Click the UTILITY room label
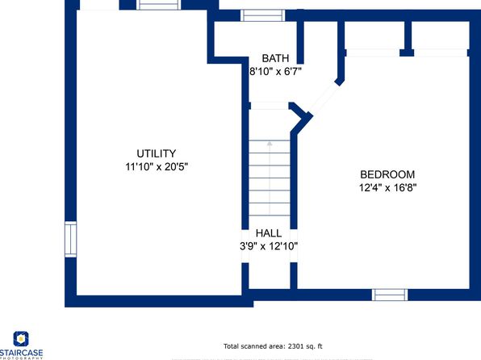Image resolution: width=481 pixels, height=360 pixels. click(156, 153)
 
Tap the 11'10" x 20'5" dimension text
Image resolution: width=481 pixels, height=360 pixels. click(157, 166)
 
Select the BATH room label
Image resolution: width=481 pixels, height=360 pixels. click(275, 58)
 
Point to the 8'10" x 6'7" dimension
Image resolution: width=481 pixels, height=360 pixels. click(275, 72)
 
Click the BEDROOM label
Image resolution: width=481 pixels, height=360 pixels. click(387, 174)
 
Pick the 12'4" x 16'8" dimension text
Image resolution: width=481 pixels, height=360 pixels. click(387, 187)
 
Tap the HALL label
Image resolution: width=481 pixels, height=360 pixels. click(269, 233)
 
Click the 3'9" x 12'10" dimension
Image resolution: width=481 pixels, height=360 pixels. click(269, 246)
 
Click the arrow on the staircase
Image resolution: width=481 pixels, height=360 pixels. click(270, 178)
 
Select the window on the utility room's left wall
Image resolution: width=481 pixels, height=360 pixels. click(70, 240)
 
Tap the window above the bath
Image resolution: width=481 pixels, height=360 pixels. click(262, 15)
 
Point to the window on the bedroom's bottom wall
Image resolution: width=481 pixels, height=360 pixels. click(390, 295)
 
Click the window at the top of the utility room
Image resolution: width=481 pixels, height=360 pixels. click(158, 5)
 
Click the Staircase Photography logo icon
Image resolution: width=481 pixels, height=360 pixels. click(21, 339)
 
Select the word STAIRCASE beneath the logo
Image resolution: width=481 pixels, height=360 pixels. click(21, 353)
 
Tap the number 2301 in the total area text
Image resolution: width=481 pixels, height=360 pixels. click(295, 346)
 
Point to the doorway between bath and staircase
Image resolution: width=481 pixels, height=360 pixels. click(270, 106)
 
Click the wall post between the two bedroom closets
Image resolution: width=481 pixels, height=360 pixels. click(407, 39)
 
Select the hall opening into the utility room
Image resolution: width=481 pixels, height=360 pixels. click(245, 246)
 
